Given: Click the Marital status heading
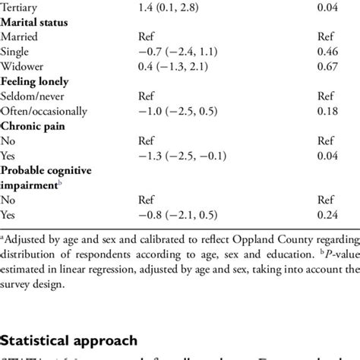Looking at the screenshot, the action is click(36, 21).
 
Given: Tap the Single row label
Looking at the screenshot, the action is click(17, 51).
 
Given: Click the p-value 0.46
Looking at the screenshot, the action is click(327, 51).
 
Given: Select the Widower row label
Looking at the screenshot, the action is click(23, 66).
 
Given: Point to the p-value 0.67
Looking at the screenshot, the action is click(327, 66).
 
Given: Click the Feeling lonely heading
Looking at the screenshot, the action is click(36, 81).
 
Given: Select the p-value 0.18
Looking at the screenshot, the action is click(327, 111).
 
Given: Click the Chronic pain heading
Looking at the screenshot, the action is click(33, 125).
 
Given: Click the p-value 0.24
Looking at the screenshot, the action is click(327, 215).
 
